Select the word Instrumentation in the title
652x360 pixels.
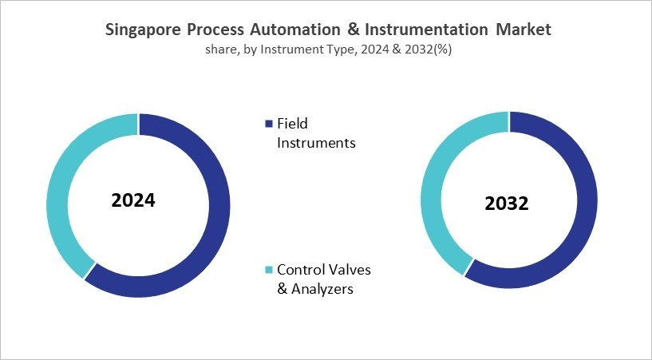[x=431, y=30]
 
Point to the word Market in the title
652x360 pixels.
[x=523, y=30]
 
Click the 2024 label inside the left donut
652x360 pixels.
[x=133, y=200]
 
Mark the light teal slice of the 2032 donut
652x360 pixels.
[x=436, y=184]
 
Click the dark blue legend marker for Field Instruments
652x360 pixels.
[x=268, y=124]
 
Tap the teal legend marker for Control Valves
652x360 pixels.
[x=268, y=270]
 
